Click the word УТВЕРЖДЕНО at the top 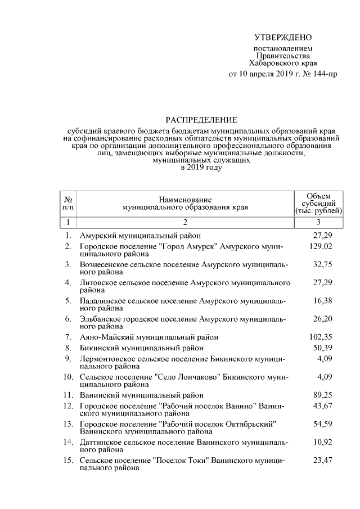(x=283, y=38)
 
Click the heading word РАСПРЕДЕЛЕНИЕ (x=201, y=120)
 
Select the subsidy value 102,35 (x=322, y=337)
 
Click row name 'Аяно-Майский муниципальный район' (x=149, y=337)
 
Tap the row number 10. (x=68, y=376)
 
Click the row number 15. (x=68, y=460)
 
